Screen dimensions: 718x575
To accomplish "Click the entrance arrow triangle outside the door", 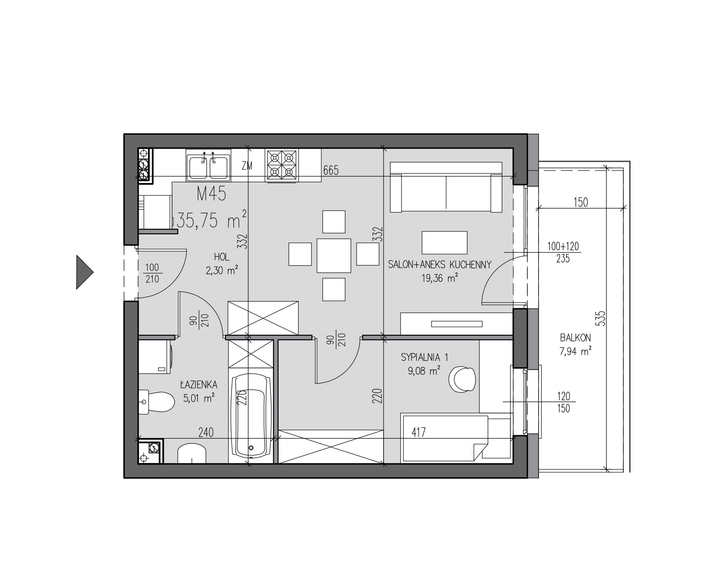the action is click(x=84, y=272).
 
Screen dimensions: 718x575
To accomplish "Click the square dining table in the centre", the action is click(x=334, y=255).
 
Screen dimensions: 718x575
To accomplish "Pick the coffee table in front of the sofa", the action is click(x=444, y=243).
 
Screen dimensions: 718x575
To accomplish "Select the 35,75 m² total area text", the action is click(x=212, y=220).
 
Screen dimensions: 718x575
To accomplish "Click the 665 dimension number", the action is click(x=331, y=170).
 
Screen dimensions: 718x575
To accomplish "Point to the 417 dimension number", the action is click(x=419, y=433).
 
